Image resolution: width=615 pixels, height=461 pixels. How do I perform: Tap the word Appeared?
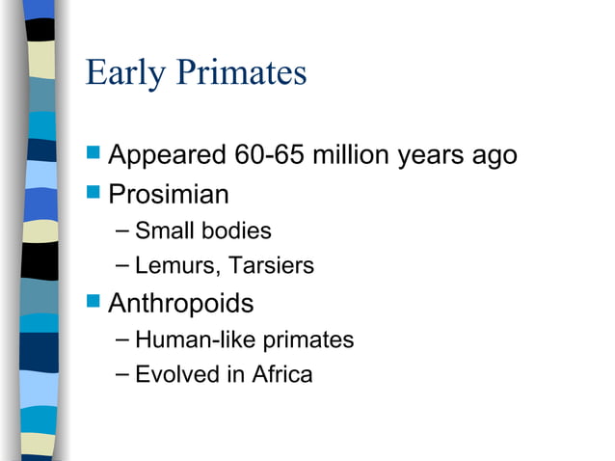click(x=168, y=154)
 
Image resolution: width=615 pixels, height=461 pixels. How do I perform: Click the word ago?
click(x=495, y=156)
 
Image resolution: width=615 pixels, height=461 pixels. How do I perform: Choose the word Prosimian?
click(x=169, y=195)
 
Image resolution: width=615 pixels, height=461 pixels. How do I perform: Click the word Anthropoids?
click(x=181, y=304)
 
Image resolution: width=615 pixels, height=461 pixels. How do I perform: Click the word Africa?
click(x=282, y=374)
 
